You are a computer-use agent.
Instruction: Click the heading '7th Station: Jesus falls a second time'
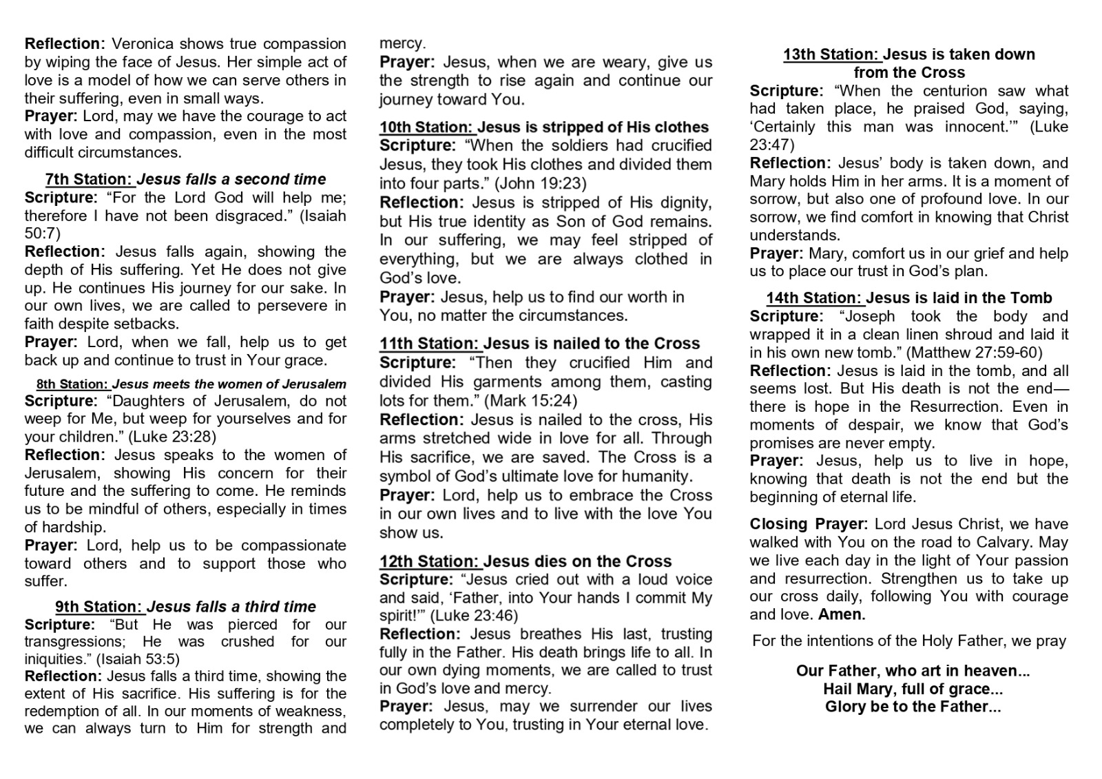pyautogui.click(x=185, y=179)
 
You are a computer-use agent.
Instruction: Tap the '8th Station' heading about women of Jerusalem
pyautogui.click(x=191, y=384)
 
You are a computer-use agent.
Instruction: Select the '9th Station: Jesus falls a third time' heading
pyautogui.click(x=185, y=607)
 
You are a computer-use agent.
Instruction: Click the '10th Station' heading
pyautogui.click(x=543, y=127)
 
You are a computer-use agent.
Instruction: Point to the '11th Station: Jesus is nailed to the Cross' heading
pyautogui.click(x=539, y=344)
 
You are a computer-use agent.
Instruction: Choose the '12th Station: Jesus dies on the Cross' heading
pyautogui.click(x=525, y=561)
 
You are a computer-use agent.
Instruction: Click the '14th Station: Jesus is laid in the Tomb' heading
pyautogui.click(x=909, y=298)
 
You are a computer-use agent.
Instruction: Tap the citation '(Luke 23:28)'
pyautogui.click(x=172, y=437)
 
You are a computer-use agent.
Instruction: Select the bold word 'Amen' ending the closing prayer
pyautogui.click(x=840, y=614)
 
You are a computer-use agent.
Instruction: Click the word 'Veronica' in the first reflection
pyautogui.click(x=143, y=44)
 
